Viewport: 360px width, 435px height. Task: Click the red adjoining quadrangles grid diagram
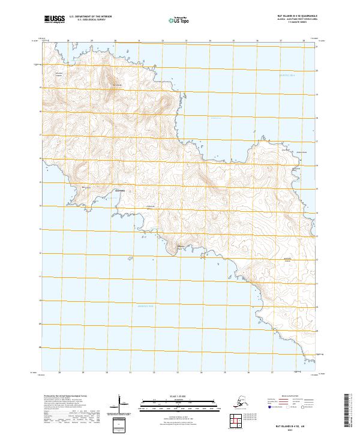coord(239,422)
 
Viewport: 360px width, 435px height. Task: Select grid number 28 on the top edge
coord(68,41)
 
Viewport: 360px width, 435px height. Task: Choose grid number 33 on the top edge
coord(186,41)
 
